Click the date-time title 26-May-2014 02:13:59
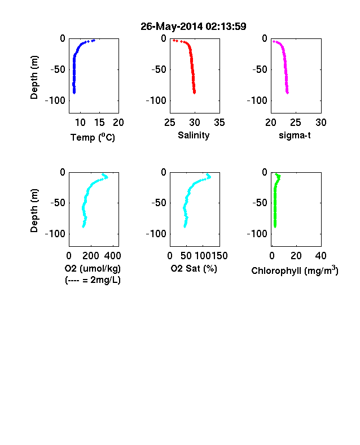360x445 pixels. click(194, 27)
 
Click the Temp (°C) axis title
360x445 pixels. click(93, 137)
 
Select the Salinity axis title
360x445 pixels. click(194, 135)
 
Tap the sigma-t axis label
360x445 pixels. click(295, 136)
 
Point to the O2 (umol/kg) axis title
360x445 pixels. click(93, 268)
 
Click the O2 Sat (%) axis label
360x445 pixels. click(194, 268)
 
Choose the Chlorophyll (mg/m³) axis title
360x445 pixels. click(295, 271)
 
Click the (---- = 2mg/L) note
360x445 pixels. click(93, 280)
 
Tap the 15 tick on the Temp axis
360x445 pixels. click(99, 123)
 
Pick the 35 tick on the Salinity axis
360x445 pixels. click(219, 123)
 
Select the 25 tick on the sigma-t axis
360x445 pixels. click(296, 123)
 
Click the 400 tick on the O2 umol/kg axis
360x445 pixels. click(112, 256)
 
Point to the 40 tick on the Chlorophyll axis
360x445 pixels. click(321, 256)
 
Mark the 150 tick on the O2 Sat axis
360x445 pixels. click(219, 256)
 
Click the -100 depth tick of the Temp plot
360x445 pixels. click(55, 101)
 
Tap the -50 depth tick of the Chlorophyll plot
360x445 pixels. click(260, 203)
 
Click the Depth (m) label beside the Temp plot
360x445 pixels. click(34, 77)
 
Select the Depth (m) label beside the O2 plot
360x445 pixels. click(34, 211)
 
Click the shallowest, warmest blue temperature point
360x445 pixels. click(94, 41)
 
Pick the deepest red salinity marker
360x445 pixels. click(195, 93)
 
